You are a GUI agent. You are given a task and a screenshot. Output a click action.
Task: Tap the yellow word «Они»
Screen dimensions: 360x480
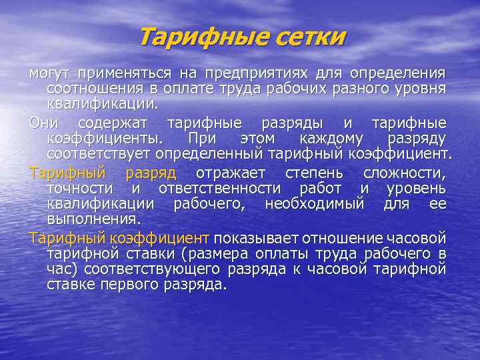click(43, 123)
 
